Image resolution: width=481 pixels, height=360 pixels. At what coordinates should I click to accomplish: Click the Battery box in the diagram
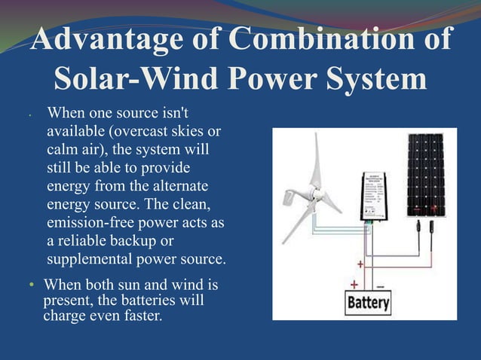368,304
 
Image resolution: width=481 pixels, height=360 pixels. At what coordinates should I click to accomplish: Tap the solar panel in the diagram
426,175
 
